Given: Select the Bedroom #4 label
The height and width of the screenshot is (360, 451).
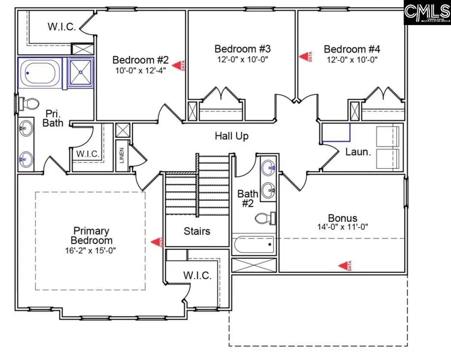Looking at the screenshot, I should [x=352, y=49].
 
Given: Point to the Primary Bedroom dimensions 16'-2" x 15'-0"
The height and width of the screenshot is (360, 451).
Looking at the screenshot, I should [x=91, y=250].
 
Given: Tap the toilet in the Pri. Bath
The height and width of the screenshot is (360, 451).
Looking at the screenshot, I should [x=29, y=104].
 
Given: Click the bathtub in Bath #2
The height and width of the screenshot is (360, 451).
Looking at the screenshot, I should [x=254, y=245].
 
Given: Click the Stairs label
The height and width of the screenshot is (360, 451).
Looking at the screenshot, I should [x=197, y=231].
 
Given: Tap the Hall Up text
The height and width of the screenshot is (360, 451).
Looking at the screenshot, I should [x=232, y=136].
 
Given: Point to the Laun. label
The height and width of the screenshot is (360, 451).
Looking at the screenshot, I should [x=358, y=152].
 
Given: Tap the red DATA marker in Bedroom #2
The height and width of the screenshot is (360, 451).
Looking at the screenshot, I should [x=178, y=65].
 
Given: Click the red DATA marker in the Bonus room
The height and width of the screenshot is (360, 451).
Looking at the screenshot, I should [x=344, y=265].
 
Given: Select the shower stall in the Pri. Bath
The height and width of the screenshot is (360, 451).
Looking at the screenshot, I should [x=81, y=73].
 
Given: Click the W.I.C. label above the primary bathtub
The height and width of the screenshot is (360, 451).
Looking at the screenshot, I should [x=62, y=27].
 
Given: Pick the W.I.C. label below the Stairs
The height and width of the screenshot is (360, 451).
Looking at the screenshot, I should [x=197, y=275].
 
